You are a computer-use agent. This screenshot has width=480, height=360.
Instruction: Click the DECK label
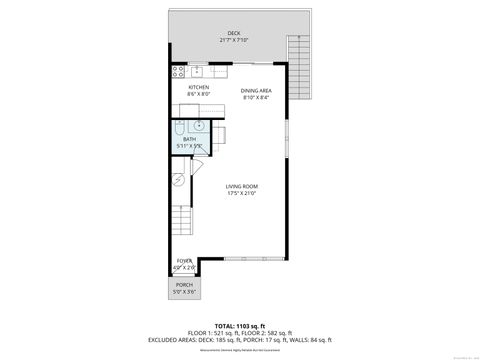233,33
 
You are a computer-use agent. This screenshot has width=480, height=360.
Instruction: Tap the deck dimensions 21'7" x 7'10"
233,40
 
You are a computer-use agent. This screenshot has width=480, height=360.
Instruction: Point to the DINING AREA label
256,91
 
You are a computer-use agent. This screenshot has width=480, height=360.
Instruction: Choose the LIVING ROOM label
241,187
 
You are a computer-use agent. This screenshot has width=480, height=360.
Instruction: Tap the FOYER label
183,263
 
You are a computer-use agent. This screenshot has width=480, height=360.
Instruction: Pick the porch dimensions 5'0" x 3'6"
183,292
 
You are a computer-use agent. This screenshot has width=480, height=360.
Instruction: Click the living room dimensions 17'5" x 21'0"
241,194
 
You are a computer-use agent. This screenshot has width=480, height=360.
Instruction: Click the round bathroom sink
199,126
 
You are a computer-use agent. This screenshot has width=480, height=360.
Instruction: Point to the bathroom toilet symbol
176,127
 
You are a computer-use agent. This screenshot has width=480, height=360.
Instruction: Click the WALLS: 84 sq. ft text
304,339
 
